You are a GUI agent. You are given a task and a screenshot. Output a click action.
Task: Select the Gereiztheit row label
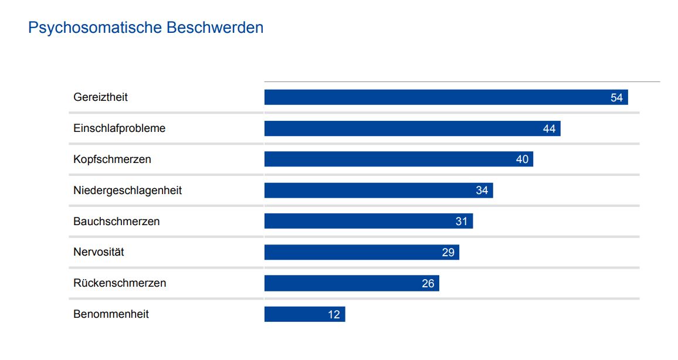click(100, 97)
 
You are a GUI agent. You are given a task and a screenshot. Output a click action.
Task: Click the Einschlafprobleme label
click(119, 128)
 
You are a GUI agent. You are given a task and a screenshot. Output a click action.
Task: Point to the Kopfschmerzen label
click(112, 159)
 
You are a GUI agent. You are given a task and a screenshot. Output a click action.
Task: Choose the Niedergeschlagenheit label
click(127, 191)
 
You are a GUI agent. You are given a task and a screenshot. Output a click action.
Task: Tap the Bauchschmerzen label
click(116, 222)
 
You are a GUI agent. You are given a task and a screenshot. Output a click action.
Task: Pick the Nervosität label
click(99, 253)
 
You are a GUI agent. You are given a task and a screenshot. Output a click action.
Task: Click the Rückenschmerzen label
click(120, 283)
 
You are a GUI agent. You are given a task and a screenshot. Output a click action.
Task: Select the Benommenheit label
click(111, 314)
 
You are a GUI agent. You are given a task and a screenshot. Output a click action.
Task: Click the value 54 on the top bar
click(616, 98)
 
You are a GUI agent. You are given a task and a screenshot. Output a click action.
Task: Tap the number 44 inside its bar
click(549, 129)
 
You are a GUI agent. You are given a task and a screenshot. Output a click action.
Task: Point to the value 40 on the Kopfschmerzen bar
click(522, 159)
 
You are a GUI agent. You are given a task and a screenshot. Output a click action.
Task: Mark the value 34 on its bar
click(482, 191)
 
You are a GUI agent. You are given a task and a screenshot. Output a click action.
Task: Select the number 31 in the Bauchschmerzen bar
click(462, 222)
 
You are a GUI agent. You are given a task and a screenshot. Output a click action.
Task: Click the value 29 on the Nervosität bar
click(448, 253)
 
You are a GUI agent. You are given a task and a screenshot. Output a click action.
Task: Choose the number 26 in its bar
click(428, 284)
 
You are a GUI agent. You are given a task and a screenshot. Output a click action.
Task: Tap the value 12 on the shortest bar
click(334, 315)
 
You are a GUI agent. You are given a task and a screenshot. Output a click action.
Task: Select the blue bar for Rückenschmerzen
click(340, 284)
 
